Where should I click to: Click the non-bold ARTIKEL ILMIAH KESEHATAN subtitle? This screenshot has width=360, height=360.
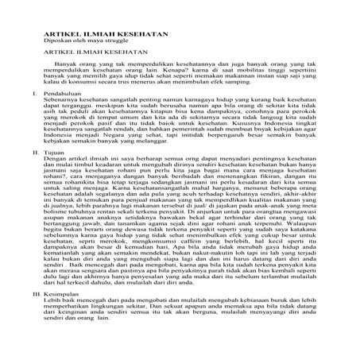point(78,59)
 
